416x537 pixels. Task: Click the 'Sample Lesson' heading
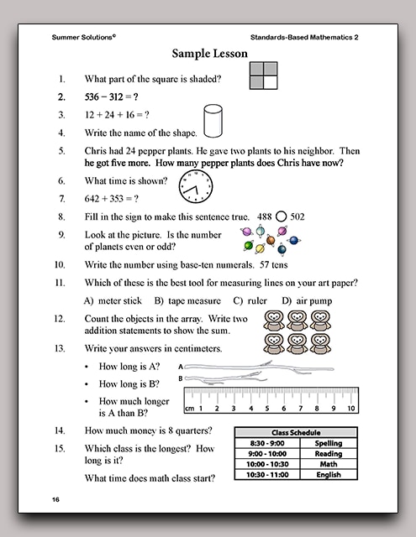tap(210, 54)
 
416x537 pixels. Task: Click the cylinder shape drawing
tap(213, 121)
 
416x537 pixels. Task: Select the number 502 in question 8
tap(298, 216)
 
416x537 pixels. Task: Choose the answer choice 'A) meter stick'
tap(114, 300)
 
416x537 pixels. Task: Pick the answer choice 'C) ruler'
tap(250, 300)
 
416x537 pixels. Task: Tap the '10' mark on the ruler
tap(350, 409)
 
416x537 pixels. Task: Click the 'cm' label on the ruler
tap(190, 409)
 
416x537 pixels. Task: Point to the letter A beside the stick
tap(180, 367)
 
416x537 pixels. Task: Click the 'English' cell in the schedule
tap(328, 475)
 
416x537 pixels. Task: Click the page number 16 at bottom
tap(55, 500)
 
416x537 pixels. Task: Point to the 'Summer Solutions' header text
tap(83, 37)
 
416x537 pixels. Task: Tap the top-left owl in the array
tap(271, 321)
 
